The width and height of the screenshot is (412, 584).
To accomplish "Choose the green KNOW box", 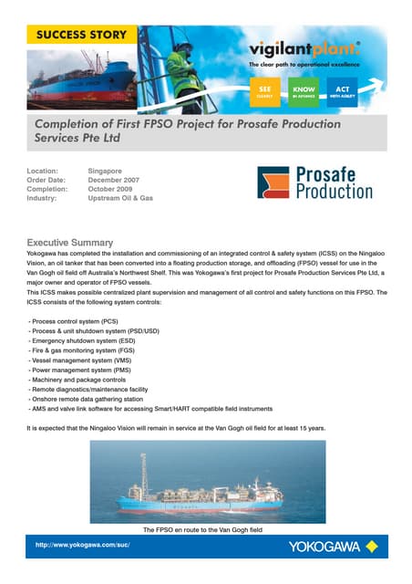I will pos(303,89).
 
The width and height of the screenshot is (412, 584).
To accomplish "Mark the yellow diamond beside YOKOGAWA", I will pos(371,547).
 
